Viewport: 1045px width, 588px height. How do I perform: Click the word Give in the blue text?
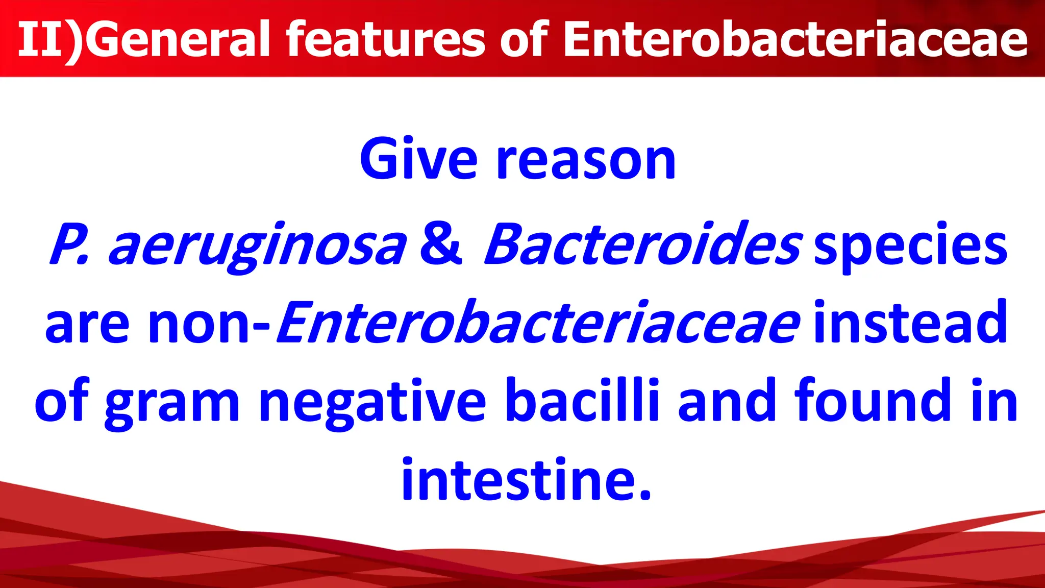pyautogui.click(x=418, y=159)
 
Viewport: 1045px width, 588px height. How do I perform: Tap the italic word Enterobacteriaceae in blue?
pyautogui.click(x=538, y=323)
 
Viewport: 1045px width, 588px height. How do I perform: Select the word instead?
pyautogui.click(x=910, y=323)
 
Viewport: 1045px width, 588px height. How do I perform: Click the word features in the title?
pyautogui.click(x=385, y=39)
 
